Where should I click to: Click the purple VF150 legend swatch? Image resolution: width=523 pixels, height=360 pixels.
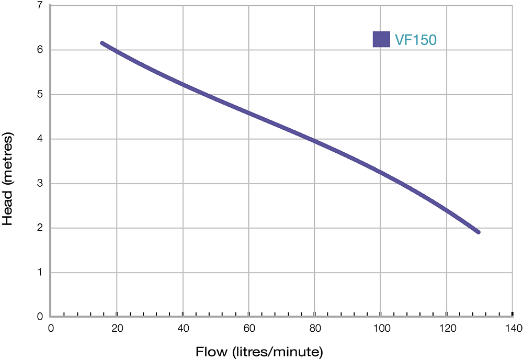[381, 39]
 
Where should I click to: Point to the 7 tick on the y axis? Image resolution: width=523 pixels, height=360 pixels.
[40, 5]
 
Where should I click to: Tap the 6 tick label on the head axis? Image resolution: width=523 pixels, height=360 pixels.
[40, 50]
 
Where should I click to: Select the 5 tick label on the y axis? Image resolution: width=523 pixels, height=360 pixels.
[40, 94]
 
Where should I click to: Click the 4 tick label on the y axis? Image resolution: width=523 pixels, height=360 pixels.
[40, 139]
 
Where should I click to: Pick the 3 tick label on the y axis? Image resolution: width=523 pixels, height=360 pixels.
[40, 183]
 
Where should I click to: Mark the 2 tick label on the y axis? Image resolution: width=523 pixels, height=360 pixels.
[40, 228]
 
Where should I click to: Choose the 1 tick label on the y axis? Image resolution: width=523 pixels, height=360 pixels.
[40, 272]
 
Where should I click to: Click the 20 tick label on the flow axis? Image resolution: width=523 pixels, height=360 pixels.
[117, 328]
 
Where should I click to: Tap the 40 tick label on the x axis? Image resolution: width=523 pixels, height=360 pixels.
[183, 328]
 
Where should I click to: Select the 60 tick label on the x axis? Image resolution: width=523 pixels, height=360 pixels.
[248, 328]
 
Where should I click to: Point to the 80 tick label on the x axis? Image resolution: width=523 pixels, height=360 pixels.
[314, 328]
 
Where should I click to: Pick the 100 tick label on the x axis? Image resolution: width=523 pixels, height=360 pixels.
[380, 328]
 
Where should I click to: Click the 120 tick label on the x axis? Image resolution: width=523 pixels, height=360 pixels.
[446, 328]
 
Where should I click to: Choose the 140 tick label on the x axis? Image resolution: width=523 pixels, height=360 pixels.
[512, 328]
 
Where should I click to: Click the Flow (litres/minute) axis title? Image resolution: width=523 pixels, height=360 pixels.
[260, 351]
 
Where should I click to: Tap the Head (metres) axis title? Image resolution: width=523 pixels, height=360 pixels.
[8, 177]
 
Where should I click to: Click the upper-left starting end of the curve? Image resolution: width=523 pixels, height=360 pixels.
[102, 43]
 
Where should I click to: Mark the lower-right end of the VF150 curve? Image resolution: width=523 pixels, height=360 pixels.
[478, 232]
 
